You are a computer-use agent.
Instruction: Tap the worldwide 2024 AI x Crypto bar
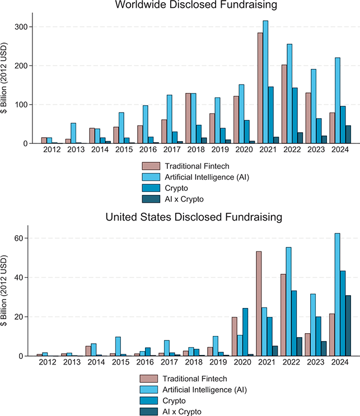tap(348, 134)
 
